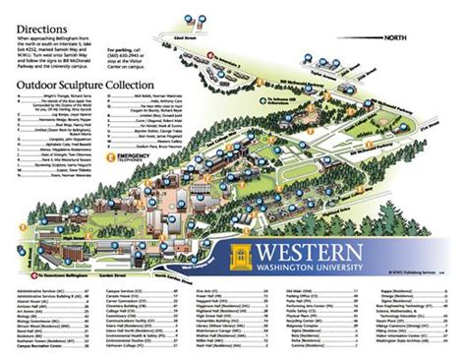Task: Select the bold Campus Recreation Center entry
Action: (x=44, y=349)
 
